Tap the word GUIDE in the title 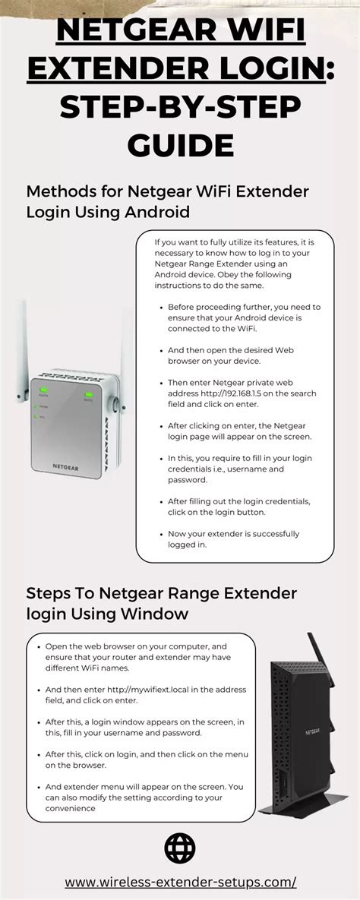coord(180,144)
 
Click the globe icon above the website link coord(180,848)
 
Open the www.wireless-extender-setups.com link coord(180,882)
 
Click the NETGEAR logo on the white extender coord(66,466)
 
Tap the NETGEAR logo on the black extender coord(313,732)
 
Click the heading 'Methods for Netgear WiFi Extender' coord(168,191)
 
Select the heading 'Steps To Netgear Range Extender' coord(161,592)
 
